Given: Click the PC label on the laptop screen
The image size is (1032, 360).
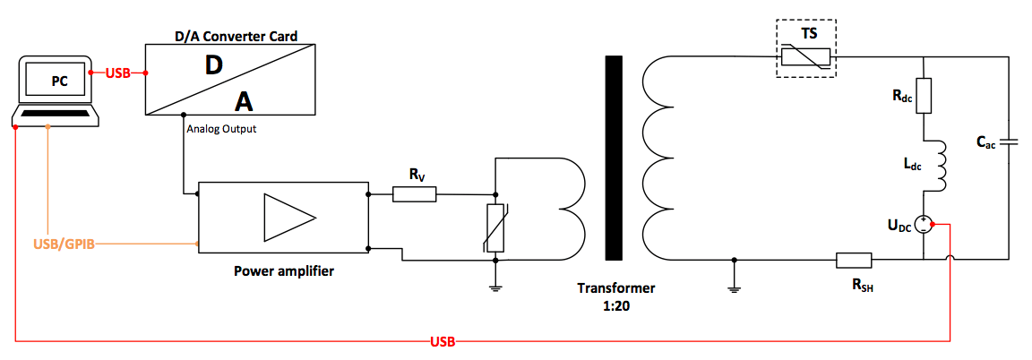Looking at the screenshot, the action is pyautogui.click(x=60, y=82).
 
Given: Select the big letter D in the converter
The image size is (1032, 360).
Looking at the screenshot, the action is pyautogui.click(x=214, y=64).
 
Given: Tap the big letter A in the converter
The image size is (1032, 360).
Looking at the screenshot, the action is pyautogui.click(x=245, y=102).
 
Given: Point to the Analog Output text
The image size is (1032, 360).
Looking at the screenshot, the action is pyautogui.click(x=222, y=129).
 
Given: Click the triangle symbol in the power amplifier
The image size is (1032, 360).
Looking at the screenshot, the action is pyautogui.click(x=289, y=219).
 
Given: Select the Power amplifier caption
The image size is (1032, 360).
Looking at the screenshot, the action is pyautogui.click(x=284, y=270).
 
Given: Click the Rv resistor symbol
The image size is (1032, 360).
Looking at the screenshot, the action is pyautogui.click(x=415, y=194).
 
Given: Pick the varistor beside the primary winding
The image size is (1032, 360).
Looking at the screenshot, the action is pyautogui.click(x=494, y=228).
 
